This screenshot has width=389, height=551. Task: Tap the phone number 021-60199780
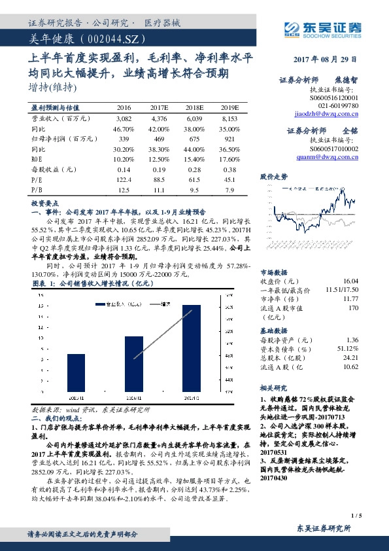[x=338, y=105]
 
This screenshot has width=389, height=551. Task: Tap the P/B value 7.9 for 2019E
[x=229, y=190]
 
